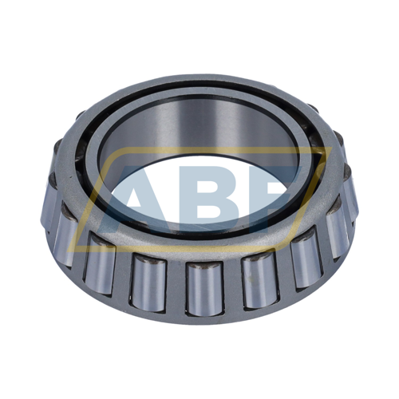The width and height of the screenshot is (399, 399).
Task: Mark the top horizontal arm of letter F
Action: point(283,177)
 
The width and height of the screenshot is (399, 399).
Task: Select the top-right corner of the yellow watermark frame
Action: point(323,152)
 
